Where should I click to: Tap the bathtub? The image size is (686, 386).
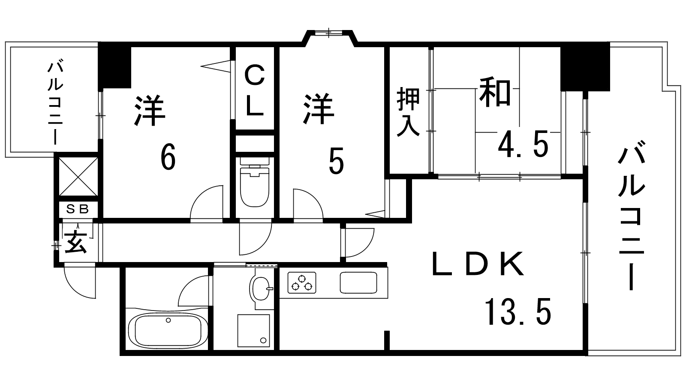point(168,330)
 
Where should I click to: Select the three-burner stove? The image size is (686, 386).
point(302,283)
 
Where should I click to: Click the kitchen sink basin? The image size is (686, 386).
point(358,283)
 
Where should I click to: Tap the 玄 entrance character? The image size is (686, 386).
point(75,242)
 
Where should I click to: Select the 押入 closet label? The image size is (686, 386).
point(408,112)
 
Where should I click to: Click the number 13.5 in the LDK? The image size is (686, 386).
point(518,311)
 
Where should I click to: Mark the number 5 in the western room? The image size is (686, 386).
point(336,161)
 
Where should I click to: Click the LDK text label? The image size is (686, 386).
point(478,264)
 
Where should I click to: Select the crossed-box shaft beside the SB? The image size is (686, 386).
point(78,176)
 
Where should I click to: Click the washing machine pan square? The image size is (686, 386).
point(253,331)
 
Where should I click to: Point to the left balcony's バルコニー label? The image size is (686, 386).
point(55,103)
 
